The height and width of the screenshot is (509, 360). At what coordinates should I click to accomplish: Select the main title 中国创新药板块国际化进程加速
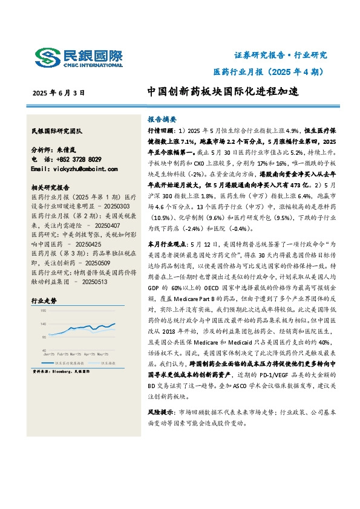pos(223,92)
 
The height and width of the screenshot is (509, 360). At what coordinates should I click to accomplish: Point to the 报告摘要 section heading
pos(162,119)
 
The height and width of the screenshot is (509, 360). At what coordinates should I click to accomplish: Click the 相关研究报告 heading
pos(51,187)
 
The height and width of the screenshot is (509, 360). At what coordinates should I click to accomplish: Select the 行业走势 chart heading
pos(43,300)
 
